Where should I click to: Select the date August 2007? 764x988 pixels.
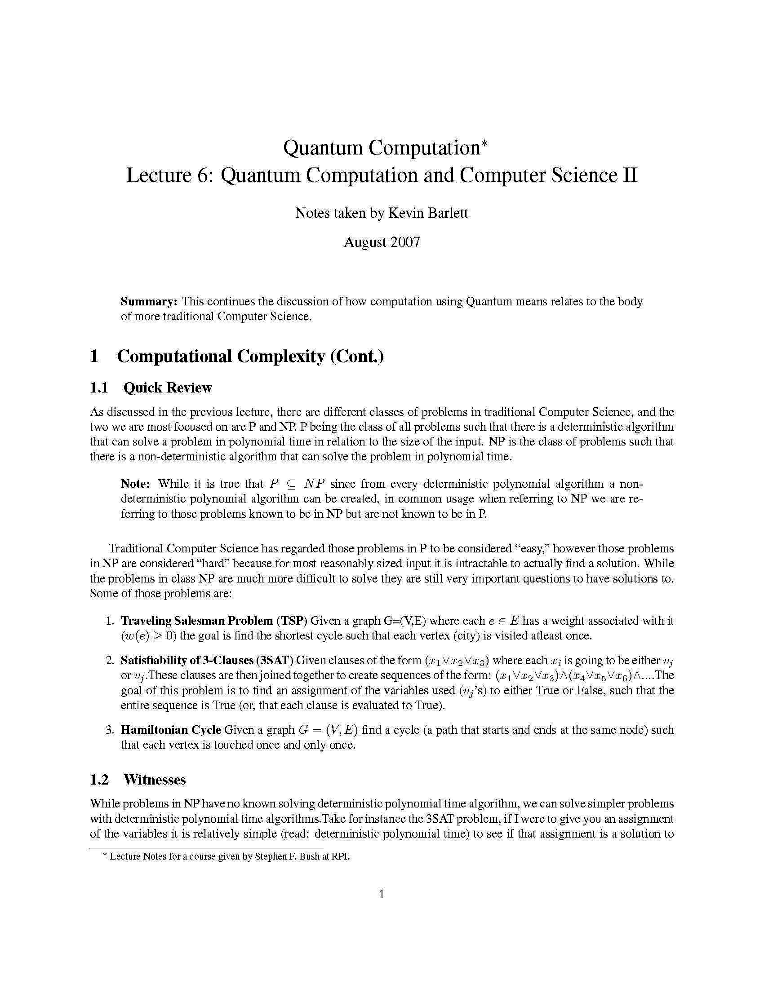[x=382, y=242]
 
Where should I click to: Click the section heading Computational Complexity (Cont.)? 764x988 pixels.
[x=250, y=356]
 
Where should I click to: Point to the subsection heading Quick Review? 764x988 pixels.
[x=168, y=388]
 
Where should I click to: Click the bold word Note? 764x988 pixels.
[x=135, y=484]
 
